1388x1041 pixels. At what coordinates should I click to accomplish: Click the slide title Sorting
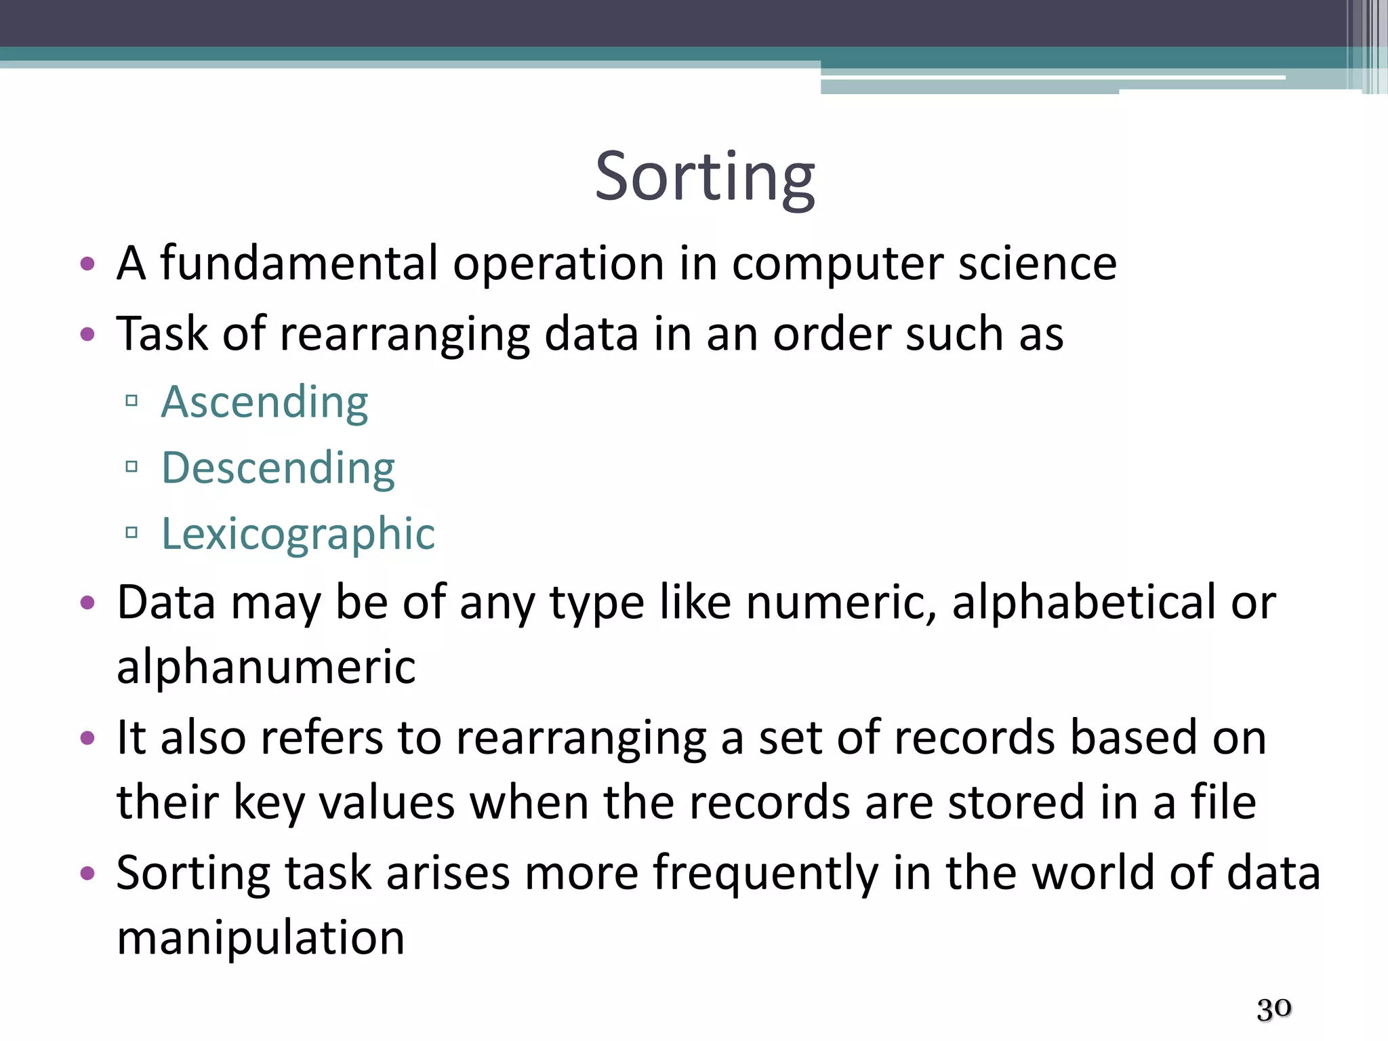(x=705, y=177)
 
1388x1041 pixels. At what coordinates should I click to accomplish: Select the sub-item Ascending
(x=264, y=402)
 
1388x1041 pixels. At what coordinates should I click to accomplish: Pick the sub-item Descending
(x=278, y=468)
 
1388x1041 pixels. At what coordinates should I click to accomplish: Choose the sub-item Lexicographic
(x=298, y=533)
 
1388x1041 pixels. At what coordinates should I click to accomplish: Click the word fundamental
(x=299, y=263)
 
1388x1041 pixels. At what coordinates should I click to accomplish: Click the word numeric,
(x=841, y=603)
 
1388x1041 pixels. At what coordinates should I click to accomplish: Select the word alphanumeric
(x=266, y=667)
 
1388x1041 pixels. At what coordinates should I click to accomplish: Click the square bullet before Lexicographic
(x=131, y=533)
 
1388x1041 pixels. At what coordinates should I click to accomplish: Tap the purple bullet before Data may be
(x=87, y=603)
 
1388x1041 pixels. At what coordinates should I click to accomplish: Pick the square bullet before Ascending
(x=131, y=401)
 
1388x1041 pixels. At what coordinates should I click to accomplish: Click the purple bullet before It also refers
(x=87, y=737)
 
